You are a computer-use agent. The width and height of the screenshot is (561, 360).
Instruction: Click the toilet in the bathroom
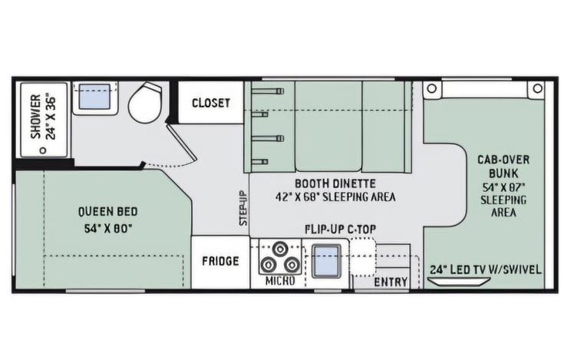click(x=145, y=102)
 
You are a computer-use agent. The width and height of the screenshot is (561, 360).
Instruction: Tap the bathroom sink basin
click(x=94, y=97)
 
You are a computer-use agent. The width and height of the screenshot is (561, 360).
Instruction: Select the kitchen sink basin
click(x=326, y=261)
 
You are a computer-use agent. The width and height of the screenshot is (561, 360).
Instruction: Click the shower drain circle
click(x=43, y=150)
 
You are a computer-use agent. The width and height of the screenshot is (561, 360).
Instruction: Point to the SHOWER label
click(x=36, y=117)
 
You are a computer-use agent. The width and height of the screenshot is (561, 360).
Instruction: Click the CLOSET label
click(x=211, y=103)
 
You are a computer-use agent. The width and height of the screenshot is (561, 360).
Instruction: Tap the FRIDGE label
click(x=220, y=261)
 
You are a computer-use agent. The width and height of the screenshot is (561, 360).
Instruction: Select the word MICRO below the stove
click(x=280, y=281)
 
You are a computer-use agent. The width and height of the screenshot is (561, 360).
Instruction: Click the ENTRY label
click(x=391, y=282)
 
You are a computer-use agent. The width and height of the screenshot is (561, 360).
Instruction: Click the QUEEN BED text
click(x=108, y=212)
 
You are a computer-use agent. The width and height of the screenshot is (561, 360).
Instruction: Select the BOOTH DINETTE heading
click(x=335, y=183)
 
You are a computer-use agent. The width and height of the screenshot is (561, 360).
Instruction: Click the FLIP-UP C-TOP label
click(x=340, y=229)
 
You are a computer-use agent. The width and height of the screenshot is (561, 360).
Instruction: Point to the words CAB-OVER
click(x=503, y=160)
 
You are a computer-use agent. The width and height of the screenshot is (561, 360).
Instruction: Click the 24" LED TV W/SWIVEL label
click(x=486, y=269)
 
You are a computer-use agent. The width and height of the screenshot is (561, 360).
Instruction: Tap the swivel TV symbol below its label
click(x=460, y=282)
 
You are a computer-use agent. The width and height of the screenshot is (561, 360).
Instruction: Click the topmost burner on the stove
click(x=280, y=249)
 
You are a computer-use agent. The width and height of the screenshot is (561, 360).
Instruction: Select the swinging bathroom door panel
click(x=181, y=142)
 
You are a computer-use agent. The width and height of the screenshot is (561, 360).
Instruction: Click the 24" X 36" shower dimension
click(x=51, y=117)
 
